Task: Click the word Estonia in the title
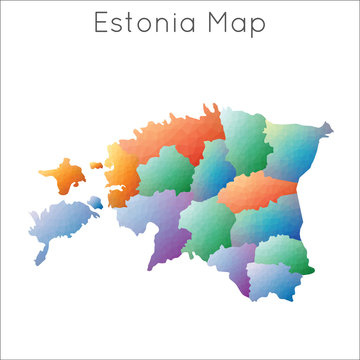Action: coord(150,24)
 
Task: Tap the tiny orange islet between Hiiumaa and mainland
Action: coord(98,166)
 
